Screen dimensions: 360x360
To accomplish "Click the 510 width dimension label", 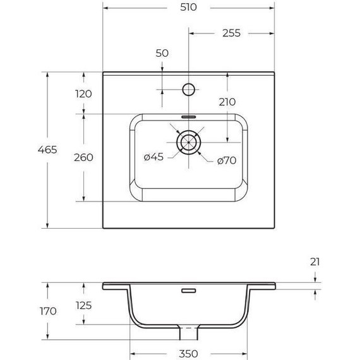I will click(x=188, y=8).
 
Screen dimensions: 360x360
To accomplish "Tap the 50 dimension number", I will click(x=162, y=54).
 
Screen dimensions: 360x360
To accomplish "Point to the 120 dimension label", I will click(x=83, y=93).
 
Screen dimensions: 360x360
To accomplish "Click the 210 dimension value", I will click(x=227, y=102).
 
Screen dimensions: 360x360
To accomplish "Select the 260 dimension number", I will click(x=83, y=157).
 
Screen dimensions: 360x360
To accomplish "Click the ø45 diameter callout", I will click(x=153, y=157).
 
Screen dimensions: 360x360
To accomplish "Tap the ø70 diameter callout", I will click(x=225, y=160).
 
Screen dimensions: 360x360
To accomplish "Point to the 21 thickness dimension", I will click(x=316, y=261).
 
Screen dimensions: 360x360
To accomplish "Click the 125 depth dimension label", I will click(x=83, y=306).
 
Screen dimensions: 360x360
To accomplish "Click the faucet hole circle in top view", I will click(x=188, y=88).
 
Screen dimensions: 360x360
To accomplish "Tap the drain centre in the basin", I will click(x=188, y=142).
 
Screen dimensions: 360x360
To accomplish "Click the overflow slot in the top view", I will click(x=188, y=116).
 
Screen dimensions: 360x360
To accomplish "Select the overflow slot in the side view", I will click(x=188, y=291).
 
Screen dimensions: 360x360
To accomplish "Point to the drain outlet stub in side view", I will click(x=188, y=331).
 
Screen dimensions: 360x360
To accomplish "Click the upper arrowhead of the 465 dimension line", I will click(x=47, y=73).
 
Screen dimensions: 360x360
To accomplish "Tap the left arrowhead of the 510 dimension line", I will click(x=105, y=9).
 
